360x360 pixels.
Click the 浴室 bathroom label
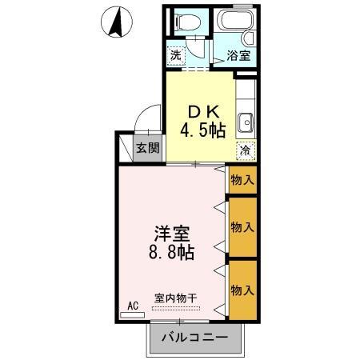238,56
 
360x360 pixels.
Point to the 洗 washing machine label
176,55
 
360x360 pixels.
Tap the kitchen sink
246,123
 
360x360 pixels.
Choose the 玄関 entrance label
147,147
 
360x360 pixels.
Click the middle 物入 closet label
242,227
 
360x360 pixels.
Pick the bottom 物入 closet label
242,287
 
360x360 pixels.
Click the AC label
133,305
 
